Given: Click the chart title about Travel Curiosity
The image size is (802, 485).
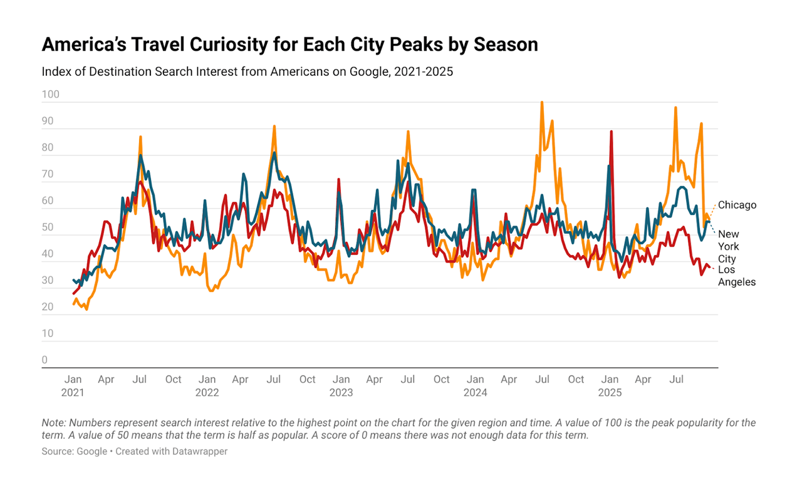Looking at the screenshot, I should click(289, 45).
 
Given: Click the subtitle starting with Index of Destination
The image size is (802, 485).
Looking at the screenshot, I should click(247, 71).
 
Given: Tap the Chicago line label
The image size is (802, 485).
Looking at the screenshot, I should click(737, 205).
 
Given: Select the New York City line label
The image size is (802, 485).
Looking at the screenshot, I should click(728, 246).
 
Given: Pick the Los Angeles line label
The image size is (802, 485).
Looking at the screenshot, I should click(737, 276).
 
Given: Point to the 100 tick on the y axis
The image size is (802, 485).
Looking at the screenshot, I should click(50, 95).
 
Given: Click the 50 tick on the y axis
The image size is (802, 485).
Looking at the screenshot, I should click(48, 227).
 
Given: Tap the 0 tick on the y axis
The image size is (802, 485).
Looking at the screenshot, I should click(44, 360).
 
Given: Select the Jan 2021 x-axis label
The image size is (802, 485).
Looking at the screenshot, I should click(73, 386).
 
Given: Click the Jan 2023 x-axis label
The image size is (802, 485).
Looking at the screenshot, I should click(341, 386).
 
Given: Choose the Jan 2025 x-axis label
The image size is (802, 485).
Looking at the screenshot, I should click(610, 386).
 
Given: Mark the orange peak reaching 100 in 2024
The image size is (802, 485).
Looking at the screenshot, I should click(542, 102).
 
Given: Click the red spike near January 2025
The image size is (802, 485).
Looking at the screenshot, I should click(611, 132).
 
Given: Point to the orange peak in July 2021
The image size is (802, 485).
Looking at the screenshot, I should click(140, 137).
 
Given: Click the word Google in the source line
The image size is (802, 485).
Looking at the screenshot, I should click(91, 451).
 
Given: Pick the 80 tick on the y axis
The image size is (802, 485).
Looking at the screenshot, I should click(48, 149).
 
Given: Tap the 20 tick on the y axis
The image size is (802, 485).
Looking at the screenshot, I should click(48, 307).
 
